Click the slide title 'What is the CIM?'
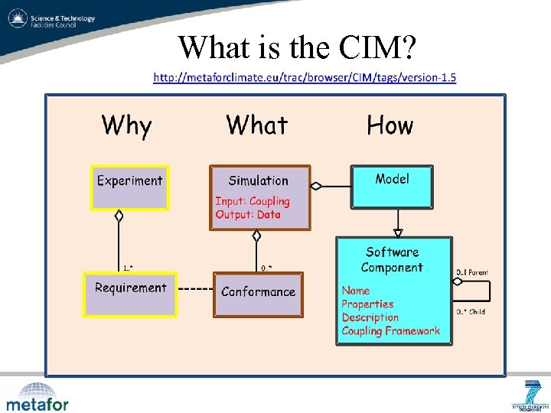297,47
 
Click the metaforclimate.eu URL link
305,77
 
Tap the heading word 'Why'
127,125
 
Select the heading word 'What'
257,125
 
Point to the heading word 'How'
390,125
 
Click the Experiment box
129,187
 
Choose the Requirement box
130,294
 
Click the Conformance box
258,294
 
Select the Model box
393,186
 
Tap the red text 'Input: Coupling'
253,201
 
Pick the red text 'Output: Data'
248,215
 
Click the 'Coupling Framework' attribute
391,331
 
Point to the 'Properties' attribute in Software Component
367,304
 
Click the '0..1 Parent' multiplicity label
472,272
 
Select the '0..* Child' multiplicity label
471,311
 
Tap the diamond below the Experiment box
119,216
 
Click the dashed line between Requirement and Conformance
194,290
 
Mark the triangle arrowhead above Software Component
397,232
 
